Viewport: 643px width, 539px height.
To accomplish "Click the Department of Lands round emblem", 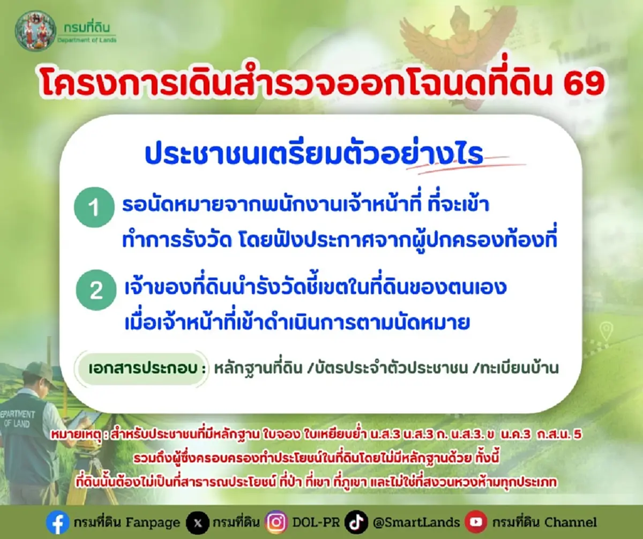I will coord(35,31).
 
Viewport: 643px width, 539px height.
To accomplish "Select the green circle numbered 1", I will coord(94,208).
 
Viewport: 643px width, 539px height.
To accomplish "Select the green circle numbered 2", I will coord(96,290).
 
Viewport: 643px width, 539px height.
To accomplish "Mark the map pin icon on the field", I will coord(605,330).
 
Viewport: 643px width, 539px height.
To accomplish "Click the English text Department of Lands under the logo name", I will coord(86,39).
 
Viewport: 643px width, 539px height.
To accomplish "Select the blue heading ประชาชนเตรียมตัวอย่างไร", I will coord(313,154).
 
